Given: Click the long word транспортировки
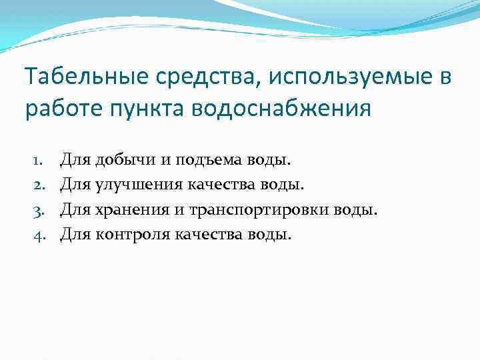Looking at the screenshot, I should (262, 210).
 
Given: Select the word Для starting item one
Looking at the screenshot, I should (75, 160).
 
